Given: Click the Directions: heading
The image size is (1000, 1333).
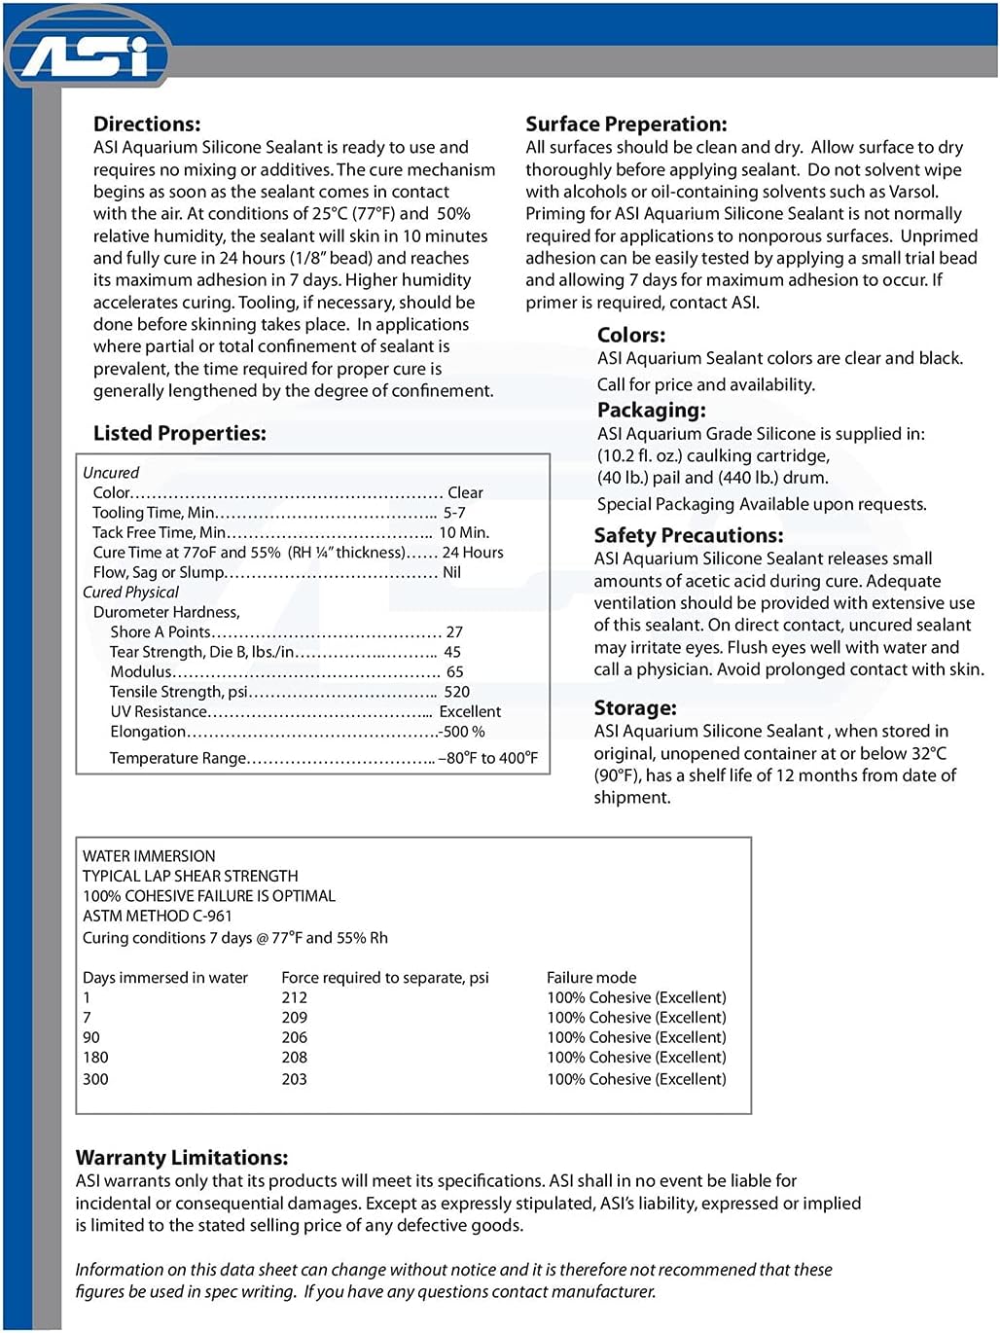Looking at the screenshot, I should pos(147,125).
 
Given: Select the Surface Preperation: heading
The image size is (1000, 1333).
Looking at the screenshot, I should pos(625,125).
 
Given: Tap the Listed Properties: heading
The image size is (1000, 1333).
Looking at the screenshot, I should pos(179,434).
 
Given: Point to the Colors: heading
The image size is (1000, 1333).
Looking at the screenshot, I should pos(631,336).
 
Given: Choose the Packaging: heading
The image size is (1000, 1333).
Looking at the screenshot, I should pos(651,411).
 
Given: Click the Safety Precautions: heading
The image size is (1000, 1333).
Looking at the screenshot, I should pos(688,536).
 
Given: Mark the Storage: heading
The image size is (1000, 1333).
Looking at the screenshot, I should pos(635,708).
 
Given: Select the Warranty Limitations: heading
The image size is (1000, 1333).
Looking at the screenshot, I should pos(182,1158).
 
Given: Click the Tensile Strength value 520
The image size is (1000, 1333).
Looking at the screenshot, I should pos(456,692).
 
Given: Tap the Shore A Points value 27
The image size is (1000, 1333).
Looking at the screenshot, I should pos(454,632).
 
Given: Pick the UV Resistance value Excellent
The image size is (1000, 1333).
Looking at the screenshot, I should pos(470,712).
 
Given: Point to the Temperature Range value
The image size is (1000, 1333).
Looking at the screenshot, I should pos(488,758).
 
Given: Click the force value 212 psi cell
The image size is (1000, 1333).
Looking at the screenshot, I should pos(294,998).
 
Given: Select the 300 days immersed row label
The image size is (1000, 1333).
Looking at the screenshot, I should pos(95,1079).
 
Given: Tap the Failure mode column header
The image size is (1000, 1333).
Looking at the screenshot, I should pos(591,978).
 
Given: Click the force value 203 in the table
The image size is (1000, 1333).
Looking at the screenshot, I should pos(294,1079).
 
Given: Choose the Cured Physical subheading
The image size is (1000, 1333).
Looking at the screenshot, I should pos(130,593).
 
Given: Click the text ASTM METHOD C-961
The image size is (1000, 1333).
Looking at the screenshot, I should pos(157,917).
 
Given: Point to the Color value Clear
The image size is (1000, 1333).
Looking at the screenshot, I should pos(465,493).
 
